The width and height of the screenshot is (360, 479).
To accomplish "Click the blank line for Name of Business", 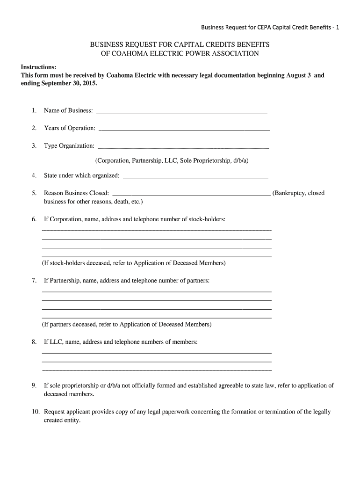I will (x=181, y=111).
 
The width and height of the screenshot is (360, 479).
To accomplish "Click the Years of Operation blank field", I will (x=184, y=129).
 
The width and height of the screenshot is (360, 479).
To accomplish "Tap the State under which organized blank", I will (x=195, y=177).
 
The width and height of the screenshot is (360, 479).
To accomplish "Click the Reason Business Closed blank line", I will (x=191, y=194).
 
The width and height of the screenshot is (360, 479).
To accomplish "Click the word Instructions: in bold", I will (x=39, y=67).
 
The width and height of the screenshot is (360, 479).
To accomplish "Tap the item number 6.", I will (x=34, y=219).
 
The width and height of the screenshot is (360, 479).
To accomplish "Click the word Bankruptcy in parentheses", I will (x=290, y=193).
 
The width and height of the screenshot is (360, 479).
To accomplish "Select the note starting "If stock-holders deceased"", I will (x=134, y=263).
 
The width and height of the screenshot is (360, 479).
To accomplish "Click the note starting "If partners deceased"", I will (x=127, y=324).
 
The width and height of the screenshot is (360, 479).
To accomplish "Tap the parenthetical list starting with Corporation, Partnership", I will (x=172, y=160).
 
